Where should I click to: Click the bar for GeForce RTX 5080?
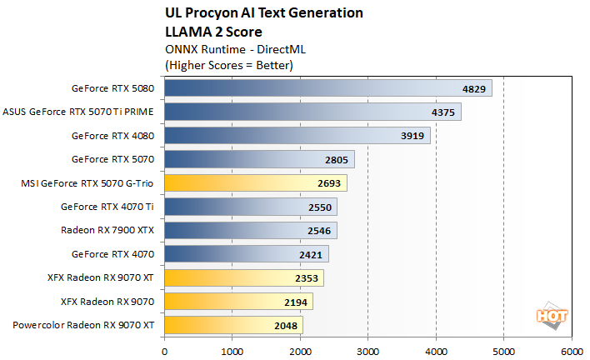click(x=328, y=88)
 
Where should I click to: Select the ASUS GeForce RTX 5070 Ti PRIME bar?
click(x=312, y=112)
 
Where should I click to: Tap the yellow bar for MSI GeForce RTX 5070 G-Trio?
click(x=256, y=182)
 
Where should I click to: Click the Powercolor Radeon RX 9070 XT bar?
click(x=234, y=324)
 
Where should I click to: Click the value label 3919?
click(x=413, y=136)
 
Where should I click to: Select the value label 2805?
click(x=337, y=159)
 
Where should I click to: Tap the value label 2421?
click(x=312, y=253)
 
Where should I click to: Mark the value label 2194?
click(x=296, y=301)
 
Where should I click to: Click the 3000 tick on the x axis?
click(x=368, y=350)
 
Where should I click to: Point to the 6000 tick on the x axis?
click(x=572, y=350)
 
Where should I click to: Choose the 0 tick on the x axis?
click(x=165, y=350)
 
